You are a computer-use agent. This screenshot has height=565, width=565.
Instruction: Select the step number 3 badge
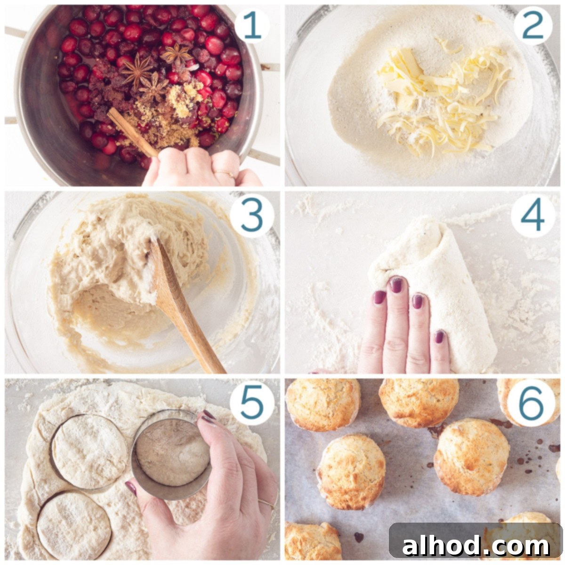coord(252,215)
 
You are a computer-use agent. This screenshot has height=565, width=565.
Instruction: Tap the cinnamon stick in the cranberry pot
coord(132,132)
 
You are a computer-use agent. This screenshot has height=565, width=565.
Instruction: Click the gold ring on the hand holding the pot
coord(226,174)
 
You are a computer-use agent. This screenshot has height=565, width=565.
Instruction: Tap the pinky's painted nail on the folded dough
coord(439,337)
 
